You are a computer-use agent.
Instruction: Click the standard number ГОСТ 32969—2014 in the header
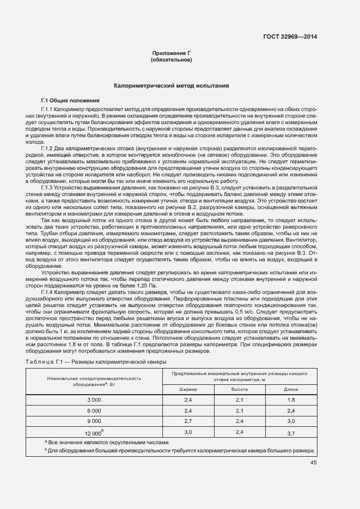click(289, 37)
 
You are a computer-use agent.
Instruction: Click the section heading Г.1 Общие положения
click(70, 101)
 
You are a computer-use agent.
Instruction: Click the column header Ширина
click(188, 390)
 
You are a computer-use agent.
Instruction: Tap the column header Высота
click(240, 390)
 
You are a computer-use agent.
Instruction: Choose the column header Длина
click(291, 390)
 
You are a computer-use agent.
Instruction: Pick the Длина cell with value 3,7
click(291, 433)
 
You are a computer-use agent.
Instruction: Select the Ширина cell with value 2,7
click(188, 421)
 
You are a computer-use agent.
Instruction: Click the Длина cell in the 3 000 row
click(291, 400)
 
